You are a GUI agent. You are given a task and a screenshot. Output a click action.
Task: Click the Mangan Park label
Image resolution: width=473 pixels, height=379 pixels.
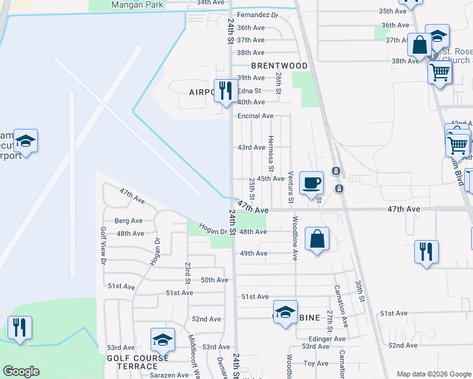point(137,4)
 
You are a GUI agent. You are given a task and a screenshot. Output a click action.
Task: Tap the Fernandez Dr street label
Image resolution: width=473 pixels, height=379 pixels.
point(257,15)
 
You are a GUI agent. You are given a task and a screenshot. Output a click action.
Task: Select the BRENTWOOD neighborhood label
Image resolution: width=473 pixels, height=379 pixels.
point(279,66)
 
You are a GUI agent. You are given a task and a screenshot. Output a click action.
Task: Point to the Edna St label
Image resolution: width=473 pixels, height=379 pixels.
point(249,90)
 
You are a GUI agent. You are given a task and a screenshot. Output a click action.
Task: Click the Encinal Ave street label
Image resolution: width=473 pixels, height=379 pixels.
point(255,116)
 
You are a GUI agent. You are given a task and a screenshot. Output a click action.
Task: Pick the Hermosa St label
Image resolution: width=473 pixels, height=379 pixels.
point(271,153)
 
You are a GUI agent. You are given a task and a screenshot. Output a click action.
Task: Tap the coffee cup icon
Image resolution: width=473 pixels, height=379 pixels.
point(311,184)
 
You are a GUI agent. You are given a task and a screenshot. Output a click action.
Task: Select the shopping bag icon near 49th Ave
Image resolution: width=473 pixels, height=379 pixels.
point(317,239)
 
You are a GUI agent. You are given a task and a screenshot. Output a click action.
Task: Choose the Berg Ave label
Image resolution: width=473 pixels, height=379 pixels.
point(129,221)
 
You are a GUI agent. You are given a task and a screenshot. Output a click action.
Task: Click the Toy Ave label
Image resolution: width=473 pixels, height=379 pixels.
point(316,363)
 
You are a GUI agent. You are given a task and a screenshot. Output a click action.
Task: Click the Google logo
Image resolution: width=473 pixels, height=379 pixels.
point(21,371)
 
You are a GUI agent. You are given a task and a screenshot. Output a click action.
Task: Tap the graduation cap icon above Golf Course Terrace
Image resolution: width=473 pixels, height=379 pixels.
point(163,340)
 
